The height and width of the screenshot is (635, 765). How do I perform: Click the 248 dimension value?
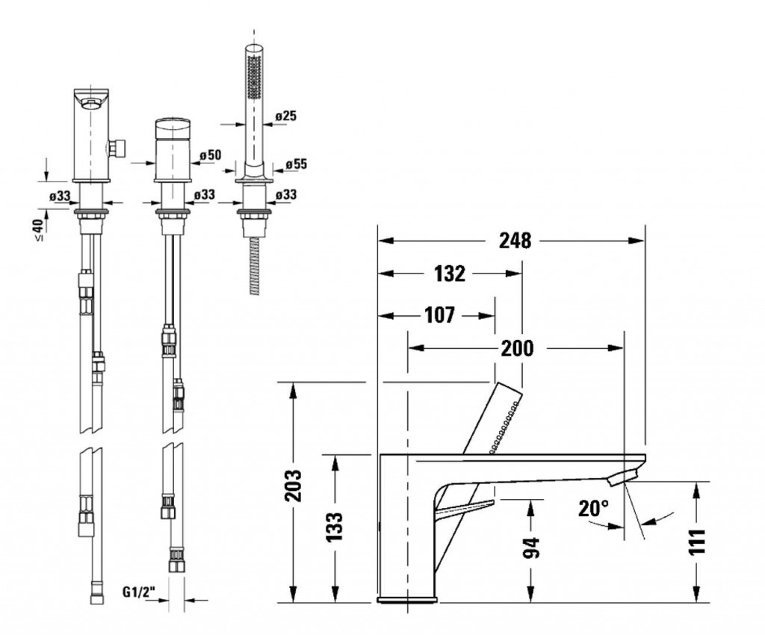coord(515,241)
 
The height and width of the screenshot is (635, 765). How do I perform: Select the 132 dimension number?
coord(450,274)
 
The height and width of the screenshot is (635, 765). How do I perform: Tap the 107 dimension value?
coord(439,315)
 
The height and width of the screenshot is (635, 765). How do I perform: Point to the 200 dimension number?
coord(518,348)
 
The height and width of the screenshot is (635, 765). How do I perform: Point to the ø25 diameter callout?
coord(287,116)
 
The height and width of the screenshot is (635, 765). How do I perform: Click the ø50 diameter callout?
coord(211,155)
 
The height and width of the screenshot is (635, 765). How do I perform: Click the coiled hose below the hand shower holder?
coord(255,265)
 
